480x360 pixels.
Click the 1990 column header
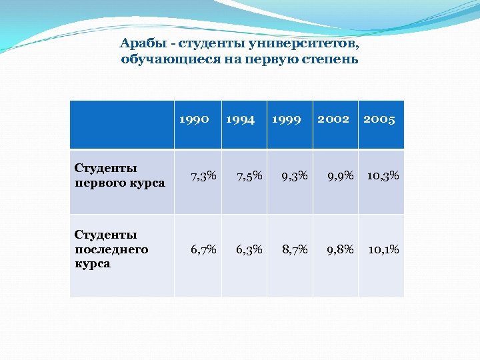195,119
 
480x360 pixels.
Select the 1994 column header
241,119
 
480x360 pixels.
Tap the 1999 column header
286,119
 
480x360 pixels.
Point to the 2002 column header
333,119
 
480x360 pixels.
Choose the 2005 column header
379,119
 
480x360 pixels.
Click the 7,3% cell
203,176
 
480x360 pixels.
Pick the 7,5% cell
249,176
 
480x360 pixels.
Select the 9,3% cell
295,176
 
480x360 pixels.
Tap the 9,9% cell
340,176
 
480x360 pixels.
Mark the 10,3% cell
383,176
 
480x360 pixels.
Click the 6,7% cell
203,249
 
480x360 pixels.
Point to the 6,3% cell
249,249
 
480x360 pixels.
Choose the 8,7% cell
295,249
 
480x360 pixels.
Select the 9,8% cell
340,249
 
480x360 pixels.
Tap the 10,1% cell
383,249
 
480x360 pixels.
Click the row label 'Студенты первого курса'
119,175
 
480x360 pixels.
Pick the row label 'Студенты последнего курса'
111,249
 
